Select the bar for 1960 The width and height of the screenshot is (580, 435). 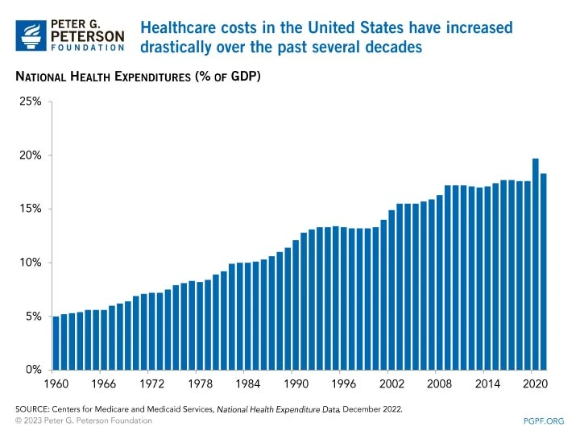coord(56,343)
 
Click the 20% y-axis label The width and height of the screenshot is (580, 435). coord(31,155)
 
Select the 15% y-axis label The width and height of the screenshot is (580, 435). coord(31,209)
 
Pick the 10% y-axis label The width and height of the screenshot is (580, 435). coord(31,263)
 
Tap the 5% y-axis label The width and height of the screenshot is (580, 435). coord(33,317)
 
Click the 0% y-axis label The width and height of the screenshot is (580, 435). coord(33,371)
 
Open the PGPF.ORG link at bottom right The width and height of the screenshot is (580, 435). coord(544,420)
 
